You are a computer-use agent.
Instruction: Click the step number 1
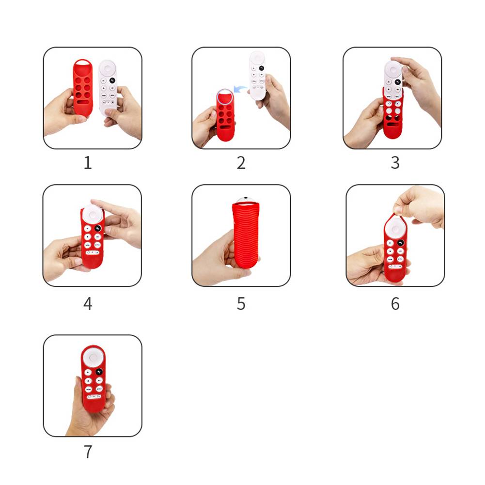(88, 163)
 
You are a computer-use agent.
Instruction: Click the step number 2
(241, 163)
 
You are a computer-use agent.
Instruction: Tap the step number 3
(395, 163)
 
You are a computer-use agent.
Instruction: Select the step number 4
(88, 303)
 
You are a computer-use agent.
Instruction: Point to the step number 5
(241, 303)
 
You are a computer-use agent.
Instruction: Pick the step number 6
(395, 303)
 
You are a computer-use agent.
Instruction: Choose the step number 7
(88, 452)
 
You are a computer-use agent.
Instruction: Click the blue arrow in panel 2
(240, 89)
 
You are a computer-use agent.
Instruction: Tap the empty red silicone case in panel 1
(83, 88)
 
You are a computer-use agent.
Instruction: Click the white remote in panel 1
(108, 87)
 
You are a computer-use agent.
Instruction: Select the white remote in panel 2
(257, 76)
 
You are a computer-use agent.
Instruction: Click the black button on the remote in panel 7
(99, 372)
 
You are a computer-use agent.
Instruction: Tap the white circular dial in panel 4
(92, 213)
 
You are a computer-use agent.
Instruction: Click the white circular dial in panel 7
(93, 358)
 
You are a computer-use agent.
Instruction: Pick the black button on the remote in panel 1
(112, 80)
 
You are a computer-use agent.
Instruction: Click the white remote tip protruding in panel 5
(246, 200)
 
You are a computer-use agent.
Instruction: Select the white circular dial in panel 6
(395, 229)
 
